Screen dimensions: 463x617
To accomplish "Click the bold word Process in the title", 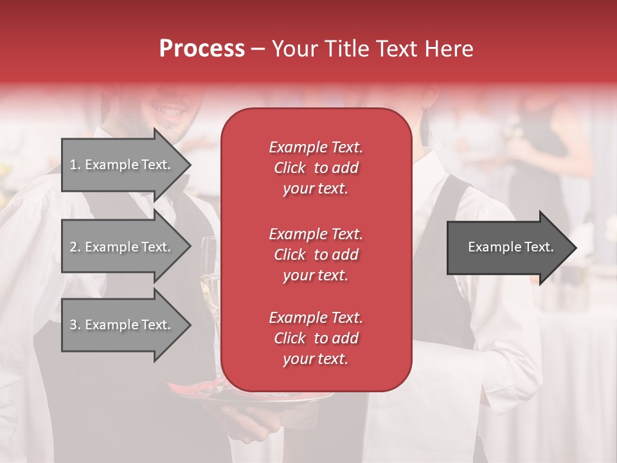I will coord(202,49).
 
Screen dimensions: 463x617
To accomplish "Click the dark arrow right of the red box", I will coord(508,247).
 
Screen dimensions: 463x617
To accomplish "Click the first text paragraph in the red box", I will coord(316,168).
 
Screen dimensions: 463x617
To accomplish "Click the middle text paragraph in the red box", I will coord(316,254).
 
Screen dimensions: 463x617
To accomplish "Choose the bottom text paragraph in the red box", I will coord(316,338).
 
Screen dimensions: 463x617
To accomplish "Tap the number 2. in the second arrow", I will coord(75,247).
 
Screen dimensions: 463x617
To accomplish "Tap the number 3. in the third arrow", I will coord(75,325).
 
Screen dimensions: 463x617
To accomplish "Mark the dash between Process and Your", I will coord(258,50).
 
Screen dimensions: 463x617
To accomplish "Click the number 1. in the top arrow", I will coord(75,165).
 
